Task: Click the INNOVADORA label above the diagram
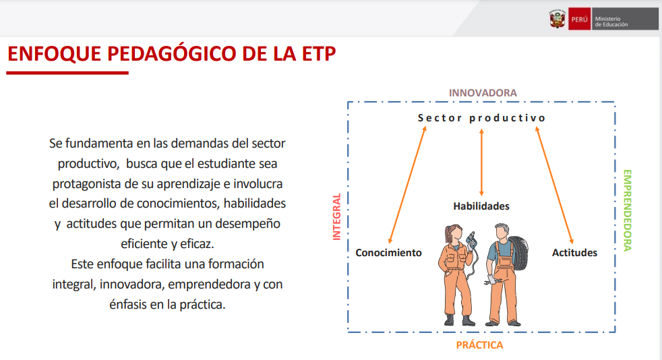point(483,93)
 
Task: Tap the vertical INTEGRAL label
point(336,217)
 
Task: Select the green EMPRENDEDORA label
point(628,210)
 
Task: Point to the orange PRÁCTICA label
point(479,345)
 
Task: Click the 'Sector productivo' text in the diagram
point(482,118)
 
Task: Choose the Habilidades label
point(481,206)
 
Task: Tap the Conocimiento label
point(388,253)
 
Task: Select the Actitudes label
point(574,253)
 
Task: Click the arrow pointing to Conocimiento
point(407,185)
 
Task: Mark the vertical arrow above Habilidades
point(481,162)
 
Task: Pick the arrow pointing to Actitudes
point(555,185)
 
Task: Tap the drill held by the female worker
point(471,241)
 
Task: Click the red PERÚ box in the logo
point(579,20)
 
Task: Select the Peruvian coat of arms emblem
point(558,19)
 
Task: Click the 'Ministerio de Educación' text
point(611,22)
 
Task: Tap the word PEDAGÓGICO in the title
point(171,54)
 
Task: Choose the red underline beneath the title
point(67,73)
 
